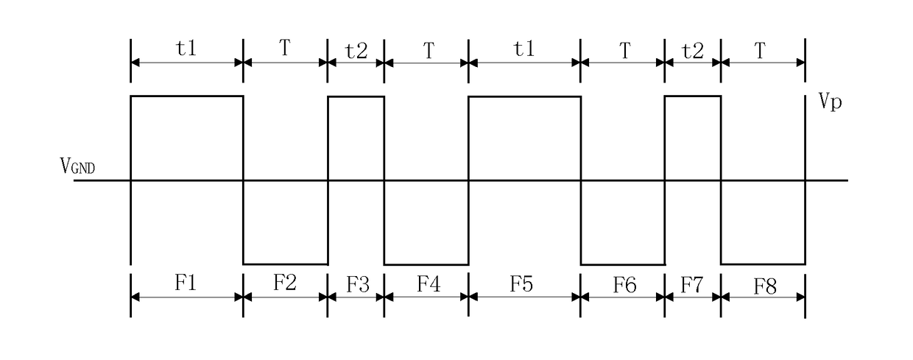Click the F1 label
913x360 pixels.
coord(186,282)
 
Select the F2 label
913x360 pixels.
coord(284,282)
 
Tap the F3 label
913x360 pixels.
coord(357,285)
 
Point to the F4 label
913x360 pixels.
coord(429,284)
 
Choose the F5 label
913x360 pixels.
coord(521,284)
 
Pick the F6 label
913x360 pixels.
coord(625,285)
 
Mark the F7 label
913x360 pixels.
coord(691,285)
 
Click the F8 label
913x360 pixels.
coord(765,286)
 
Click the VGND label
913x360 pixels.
coord(77,166)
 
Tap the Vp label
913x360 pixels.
coord(831,101)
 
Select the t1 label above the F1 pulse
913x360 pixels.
coord(186,49)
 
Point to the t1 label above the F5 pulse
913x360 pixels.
coord(524,49)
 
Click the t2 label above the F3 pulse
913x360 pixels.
coord(356,51)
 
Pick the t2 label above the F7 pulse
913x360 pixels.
coord(693,51)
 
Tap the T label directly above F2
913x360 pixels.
coord(285,48)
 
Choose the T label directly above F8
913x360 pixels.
coord(760,51)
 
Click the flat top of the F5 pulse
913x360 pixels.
coord(524,97)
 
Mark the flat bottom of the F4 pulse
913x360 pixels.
coord(426,264)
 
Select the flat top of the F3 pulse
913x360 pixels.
coord(356,97)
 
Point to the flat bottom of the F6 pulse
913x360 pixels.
coord(623,264)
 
